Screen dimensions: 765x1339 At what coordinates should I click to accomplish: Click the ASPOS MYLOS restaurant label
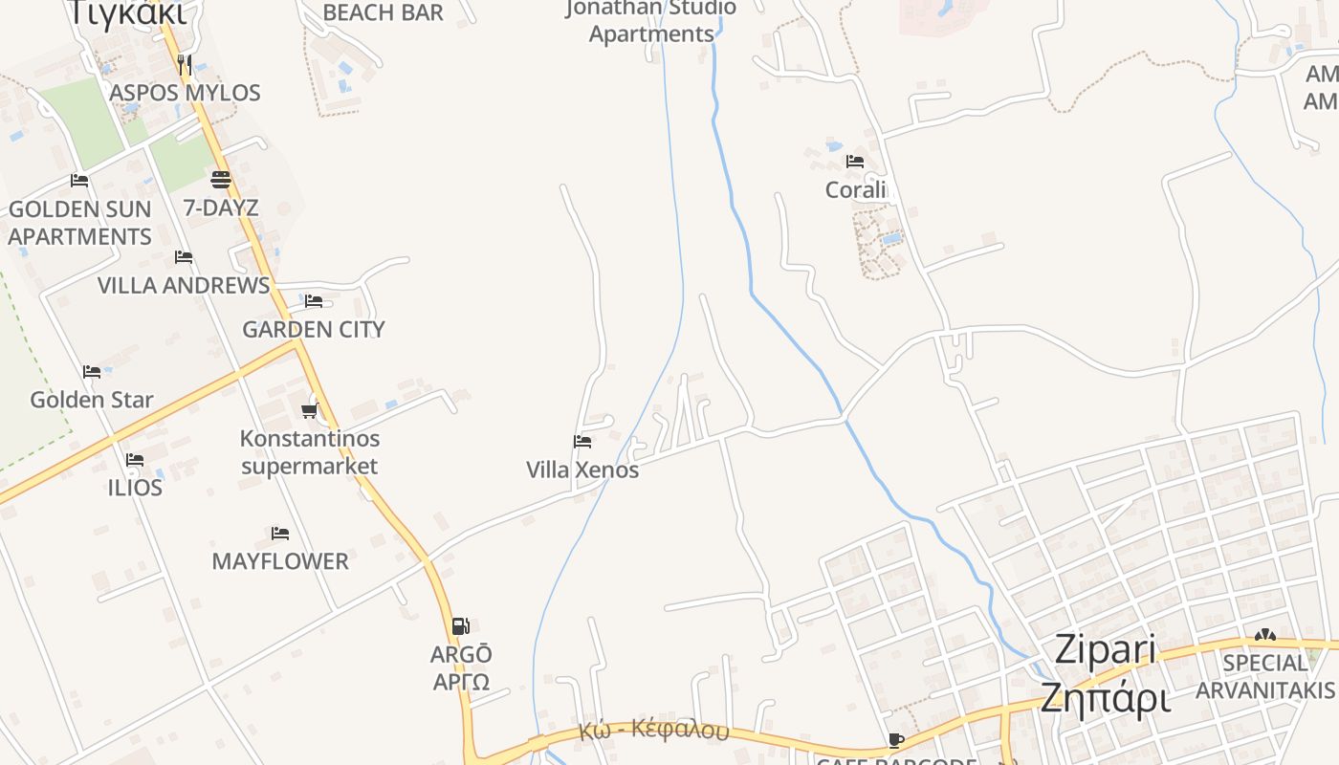(185, 93)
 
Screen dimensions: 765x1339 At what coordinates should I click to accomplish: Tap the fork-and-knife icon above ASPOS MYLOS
(185, 65)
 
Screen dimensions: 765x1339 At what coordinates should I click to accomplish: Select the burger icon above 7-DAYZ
(221, 179)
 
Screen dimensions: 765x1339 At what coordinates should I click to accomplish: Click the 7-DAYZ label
(221, 208)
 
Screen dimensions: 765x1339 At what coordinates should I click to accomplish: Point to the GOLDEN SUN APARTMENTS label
(80, 223)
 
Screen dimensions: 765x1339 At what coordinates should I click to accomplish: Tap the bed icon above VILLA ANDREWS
(184, 257)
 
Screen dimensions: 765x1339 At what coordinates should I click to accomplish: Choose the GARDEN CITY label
(314, 329)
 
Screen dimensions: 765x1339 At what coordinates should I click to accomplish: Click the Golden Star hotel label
(92, 400)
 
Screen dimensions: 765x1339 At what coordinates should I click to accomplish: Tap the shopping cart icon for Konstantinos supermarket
(309, 410)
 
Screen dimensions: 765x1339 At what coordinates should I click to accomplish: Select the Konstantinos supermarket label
(309, 452)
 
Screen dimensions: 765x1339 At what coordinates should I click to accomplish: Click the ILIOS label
(135, 488)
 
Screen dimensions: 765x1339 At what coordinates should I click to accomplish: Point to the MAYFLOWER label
(280, 561)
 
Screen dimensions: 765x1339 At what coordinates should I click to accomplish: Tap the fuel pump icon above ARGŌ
(461, 626)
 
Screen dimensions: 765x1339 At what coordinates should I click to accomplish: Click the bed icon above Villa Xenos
(582, 442)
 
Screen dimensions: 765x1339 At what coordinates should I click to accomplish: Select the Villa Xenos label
(582, 470)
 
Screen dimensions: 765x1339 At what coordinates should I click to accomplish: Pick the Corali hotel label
(856, 190)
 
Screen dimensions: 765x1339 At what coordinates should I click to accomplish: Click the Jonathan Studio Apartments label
(651, 21)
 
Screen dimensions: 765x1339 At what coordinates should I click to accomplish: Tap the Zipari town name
(1106, 650)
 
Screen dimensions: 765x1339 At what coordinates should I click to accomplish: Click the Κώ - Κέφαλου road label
(653, 731)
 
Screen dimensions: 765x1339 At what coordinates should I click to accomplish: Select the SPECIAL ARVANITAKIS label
(1265, 676)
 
